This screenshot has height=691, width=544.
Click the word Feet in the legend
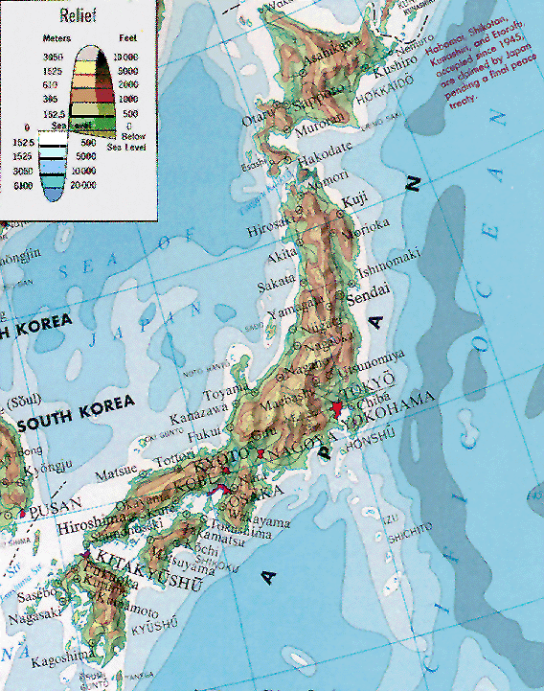click(126, 39)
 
